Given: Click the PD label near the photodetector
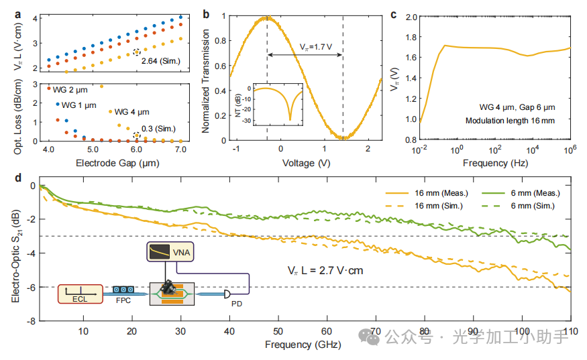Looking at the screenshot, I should click(x=237, y=304).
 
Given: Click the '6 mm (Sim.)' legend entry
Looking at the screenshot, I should click(x=536, y=205).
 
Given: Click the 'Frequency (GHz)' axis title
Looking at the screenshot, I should click(x=303, y=345).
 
